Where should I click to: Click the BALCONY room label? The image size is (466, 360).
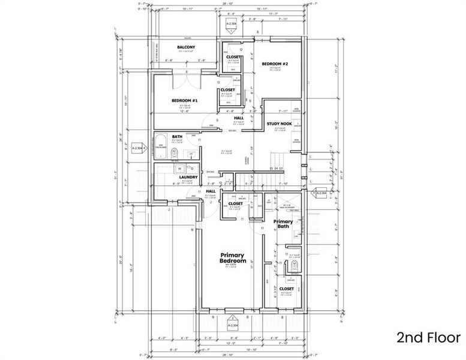click(x=185, y=47)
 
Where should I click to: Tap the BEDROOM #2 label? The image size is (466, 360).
click(x=275, y=64)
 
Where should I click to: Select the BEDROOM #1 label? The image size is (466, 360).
click(x=185, y=100)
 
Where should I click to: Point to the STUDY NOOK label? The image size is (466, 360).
click(x=279, y=124)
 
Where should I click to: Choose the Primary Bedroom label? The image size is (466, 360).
click(x=233, y=258)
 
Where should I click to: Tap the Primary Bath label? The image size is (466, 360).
click(x=283, y=224)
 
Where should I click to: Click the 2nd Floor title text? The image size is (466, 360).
click(x=428, y=338)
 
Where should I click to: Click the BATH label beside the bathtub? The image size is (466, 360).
click(x=178, y=136)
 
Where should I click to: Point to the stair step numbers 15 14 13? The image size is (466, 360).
click(x=276, y=169)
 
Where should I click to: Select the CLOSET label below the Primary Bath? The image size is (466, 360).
click(x=286, y=289)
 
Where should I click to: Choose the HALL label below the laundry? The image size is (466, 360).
click(x=211, y=191)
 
